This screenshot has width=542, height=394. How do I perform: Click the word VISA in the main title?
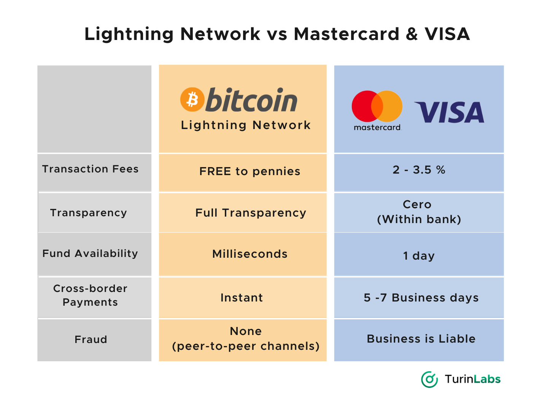[x=447, y=34]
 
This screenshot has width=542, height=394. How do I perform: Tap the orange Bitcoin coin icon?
[x=192, y=100]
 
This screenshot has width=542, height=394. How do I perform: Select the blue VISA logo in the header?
[x=449, y=113]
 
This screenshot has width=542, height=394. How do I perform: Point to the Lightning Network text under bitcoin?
[x=246, y=125]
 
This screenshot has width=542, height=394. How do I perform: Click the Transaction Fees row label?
[x=91, y=169]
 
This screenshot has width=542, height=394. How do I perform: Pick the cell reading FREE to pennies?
[x=250, y=172]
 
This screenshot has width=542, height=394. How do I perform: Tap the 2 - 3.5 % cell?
[x=419, y=170]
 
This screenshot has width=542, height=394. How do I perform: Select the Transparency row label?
[x=89, y=213]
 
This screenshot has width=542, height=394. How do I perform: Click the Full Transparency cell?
[x=251, y=213]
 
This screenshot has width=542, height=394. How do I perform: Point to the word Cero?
[x=417, y=204]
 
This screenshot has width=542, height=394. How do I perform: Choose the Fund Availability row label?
[x=90, y=254]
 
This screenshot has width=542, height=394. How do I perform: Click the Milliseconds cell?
[x=250, y=254]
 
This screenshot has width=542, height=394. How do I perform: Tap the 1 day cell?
[x=419, y=256]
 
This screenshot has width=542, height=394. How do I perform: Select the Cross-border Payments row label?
[x=90, y=295]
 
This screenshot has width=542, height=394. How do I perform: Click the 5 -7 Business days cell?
[x=421, y=298]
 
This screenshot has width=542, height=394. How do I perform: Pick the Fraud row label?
[x=91, y=340]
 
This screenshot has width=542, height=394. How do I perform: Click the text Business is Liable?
[x=421, y=339]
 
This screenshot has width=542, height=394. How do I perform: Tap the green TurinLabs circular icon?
[x=429, y=379]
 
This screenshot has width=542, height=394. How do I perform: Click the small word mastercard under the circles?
[x=377, y=128]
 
